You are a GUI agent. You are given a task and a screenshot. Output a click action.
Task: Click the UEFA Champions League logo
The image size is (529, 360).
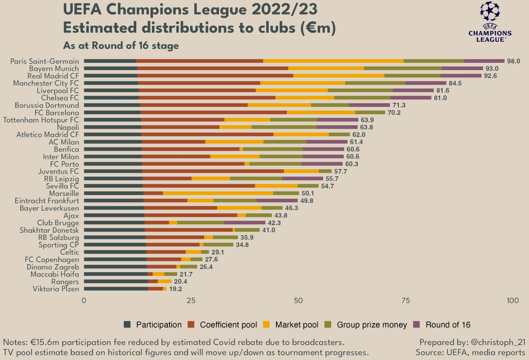(x=490, y=22)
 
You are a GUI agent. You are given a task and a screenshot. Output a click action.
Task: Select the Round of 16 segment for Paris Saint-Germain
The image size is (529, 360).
(x=484, y=61)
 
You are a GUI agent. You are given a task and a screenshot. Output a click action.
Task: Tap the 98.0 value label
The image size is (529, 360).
(x=513, y=61)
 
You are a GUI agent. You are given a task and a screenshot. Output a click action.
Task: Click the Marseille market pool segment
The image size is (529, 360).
(x=218, y=193)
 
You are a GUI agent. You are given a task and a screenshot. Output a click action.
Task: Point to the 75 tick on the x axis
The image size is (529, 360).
(x=406, y=301)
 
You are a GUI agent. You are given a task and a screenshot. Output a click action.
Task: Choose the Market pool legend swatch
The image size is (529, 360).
(x=266, y=325)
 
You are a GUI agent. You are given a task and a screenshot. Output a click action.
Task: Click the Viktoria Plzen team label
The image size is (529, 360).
(x=56, y=289)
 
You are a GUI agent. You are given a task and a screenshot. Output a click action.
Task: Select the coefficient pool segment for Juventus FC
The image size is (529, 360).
(x=213, y=171)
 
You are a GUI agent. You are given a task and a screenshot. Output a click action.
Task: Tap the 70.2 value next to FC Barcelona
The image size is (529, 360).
(x=394, y=113)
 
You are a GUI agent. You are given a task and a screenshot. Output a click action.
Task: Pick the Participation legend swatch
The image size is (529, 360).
(x=127, y=325)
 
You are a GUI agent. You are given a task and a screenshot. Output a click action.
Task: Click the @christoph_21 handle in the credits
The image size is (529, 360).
(x=498, y=342)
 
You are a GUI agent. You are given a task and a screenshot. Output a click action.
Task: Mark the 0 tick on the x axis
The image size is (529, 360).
(x=84, y=301)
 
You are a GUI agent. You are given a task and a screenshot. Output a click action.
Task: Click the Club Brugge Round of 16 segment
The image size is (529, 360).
(x=245, y=223)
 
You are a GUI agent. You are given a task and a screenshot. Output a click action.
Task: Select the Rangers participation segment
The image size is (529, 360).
(x=116, y=281)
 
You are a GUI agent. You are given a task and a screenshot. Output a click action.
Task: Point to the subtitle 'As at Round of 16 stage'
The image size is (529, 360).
(x=121, y=46)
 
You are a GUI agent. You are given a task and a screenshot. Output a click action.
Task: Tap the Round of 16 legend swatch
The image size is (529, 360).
(x=416, y=325)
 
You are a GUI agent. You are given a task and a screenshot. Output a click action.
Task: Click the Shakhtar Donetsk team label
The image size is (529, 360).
(x=49, y=230)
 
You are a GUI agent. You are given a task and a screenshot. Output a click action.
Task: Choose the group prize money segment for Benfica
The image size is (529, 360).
(x=273, y=149)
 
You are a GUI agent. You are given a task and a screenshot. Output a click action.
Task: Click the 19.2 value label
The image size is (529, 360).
(x=176, y=289)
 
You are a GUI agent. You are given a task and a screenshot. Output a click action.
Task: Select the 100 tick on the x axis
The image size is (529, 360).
(x=513, y=301)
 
